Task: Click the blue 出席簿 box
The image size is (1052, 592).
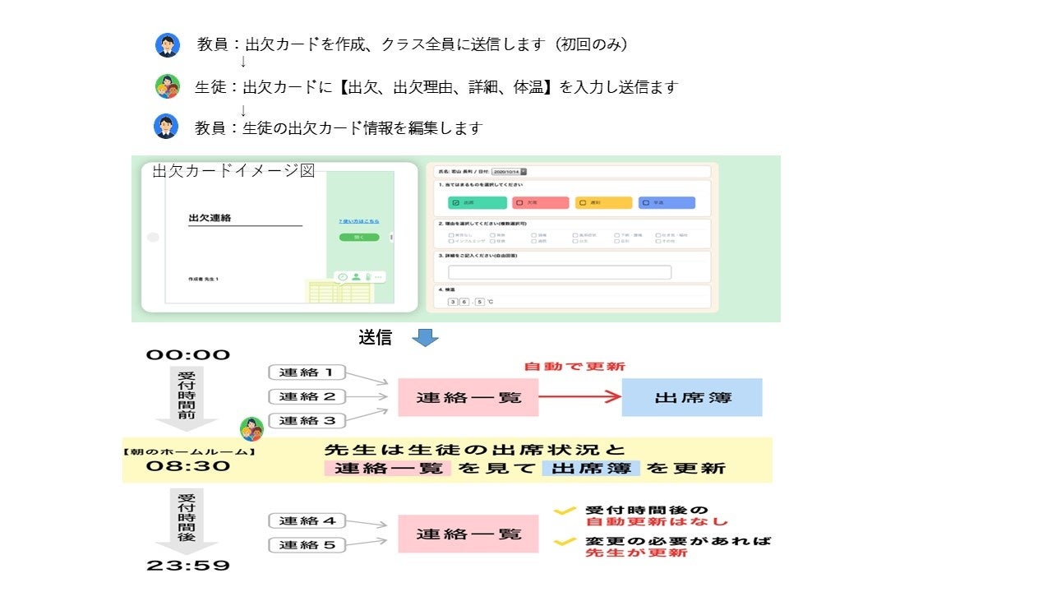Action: tap(692, 397)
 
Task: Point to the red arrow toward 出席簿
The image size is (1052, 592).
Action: tap(579, 397)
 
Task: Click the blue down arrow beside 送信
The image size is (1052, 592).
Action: tap(425, 337)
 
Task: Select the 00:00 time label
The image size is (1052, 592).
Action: tap(188, 354)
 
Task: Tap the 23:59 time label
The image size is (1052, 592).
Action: tap(188, 566)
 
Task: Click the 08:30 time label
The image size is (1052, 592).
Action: tap(188, 465)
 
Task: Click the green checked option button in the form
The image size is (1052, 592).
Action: tap(478, 202)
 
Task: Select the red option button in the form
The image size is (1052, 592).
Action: tap(541, 202)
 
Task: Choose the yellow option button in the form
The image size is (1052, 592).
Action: tap(604, 202)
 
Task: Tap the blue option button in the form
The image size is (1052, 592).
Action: tap(667, 202)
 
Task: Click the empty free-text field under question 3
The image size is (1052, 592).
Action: tap(560, 272)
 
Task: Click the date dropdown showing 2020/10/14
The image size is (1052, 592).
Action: tap(510, 172)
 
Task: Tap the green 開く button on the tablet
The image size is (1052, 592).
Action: tap(359, 237)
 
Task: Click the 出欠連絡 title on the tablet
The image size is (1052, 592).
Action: tap(210, 218)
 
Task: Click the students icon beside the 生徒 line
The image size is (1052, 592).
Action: tap(168, 86)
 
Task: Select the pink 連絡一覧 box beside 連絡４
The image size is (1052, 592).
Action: tap(468, 534)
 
